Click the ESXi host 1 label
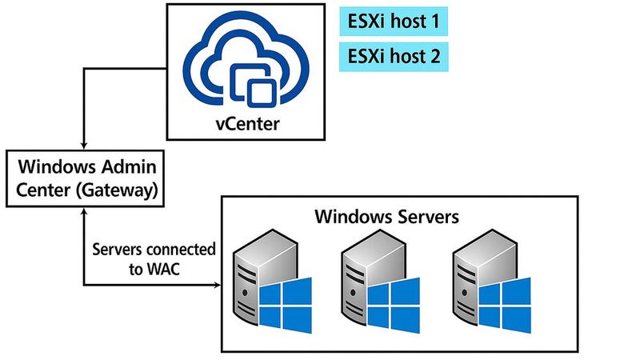point(393,22)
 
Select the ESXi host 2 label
point(393,57)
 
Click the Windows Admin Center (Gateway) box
point(86,179)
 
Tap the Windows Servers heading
point(386,216)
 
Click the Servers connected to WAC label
point(154,258)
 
